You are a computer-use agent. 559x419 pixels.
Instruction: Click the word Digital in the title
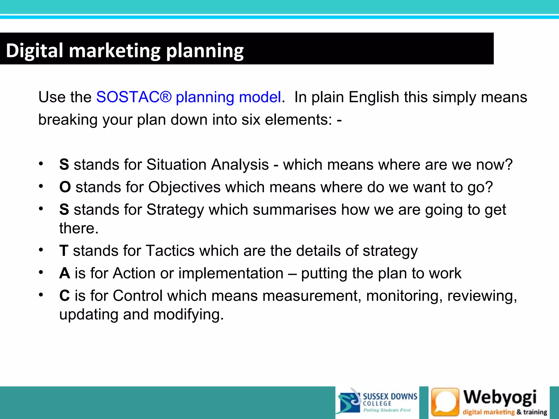tap(35, 51)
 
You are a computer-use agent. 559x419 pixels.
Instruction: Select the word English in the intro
tap(374, 97)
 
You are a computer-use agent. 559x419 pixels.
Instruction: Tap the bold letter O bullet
tap(65, 187)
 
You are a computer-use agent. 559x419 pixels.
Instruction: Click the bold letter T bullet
tap(64, 251)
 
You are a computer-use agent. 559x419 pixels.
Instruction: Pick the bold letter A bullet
tap(65, 273)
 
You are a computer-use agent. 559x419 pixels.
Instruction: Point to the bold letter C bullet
tap(65, 296)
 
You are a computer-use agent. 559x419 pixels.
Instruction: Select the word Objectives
tap(185, 187)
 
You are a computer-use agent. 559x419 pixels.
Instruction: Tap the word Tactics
tap(170, 251)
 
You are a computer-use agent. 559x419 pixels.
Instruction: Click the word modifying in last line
tap(188, 315)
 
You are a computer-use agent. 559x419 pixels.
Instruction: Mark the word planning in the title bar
tap(205, 51)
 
